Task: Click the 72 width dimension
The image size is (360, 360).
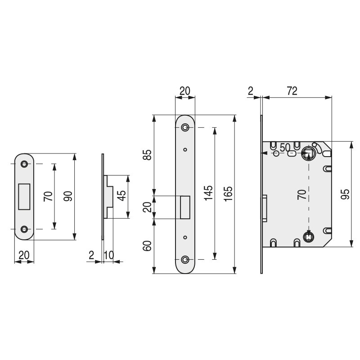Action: [x=292, y=91]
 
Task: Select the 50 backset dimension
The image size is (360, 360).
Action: [x=284, y=147]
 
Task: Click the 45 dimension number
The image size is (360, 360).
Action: [x=121, y=197]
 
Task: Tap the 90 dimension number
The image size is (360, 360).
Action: [x=68, y=196]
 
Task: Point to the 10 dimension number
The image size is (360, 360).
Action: [x=108, y=255]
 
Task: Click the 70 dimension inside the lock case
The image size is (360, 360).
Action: [x=302, y=194]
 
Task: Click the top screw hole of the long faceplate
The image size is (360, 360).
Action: [x=185, y=128]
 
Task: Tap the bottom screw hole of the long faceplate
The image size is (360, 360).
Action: [x=185, y=260]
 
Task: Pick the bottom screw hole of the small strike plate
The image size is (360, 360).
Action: [x=24, y=229]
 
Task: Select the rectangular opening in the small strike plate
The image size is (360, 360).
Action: [x=24, y=196]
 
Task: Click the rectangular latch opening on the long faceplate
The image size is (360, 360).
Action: [x=185, y=207]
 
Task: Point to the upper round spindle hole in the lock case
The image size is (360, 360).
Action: [x=308, y=153]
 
